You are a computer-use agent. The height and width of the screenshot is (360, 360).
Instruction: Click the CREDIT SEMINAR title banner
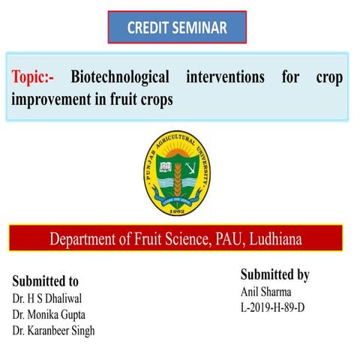177,28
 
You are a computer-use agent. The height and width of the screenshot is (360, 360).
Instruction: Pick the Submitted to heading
46,282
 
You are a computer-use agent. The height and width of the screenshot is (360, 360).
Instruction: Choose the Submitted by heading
274,274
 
